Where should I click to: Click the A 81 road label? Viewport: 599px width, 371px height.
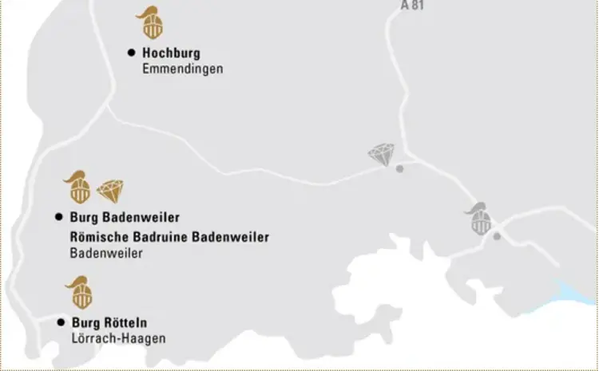tap(413, 5)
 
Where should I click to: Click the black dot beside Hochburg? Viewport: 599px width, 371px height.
tap(131, 53)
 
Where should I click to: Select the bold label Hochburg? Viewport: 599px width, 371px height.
tap(171, 53)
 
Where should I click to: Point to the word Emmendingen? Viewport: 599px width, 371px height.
tap(182, 69)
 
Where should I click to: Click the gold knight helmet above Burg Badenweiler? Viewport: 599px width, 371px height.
tap(77, 187)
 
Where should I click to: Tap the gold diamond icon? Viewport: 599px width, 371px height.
tap(111, 191)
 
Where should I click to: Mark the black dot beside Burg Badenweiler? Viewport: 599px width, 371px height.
tap(58, 217)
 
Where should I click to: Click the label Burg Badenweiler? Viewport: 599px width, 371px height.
tap(125, 218)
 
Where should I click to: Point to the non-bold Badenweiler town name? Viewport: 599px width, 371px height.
tap(106, 254)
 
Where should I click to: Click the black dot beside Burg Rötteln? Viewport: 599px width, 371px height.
tap(61, 322)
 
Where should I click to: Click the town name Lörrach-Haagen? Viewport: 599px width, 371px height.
tap(118, 339)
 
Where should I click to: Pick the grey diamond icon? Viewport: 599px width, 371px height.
tap(381, 154)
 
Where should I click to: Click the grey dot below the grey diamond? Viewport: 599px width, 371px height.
tap(400, 168)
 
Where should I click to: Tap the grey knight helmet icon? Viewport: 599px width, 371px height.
tap(480, 219)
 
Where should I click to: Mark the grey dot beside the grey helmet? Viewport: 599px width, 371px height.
tap(497, 236)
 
